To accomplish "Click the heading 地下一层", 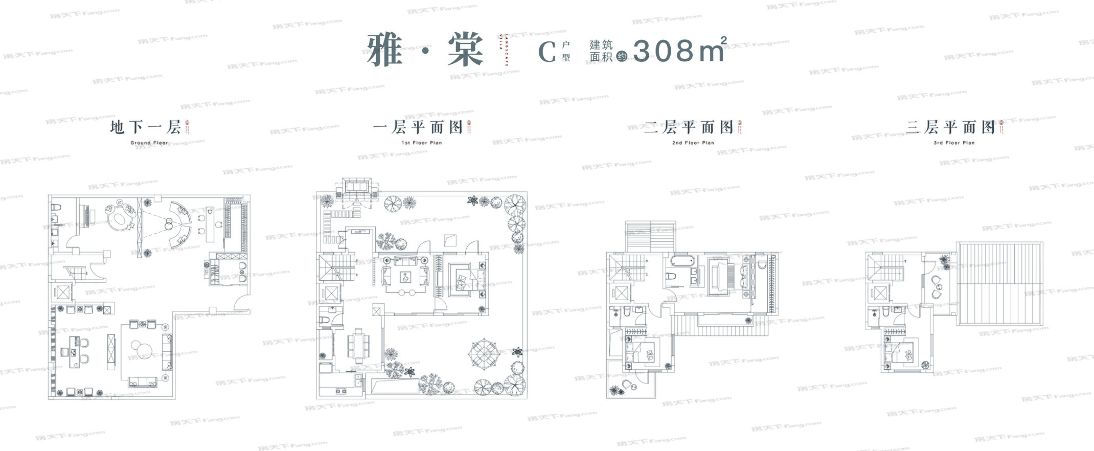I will pyautogui.click(x=145, y=127).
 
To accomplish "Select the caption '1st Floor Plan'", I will pyautogui.click(x=422, y=143).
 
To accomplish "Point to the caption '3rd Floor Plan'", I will pyautogui.click(x=954, y=143).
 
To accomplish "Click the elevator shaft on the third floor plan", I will pyautogui.click(x=880, y=293).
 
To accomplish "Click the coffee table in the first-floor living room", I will pyautogui.click(x=405, y=278).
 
